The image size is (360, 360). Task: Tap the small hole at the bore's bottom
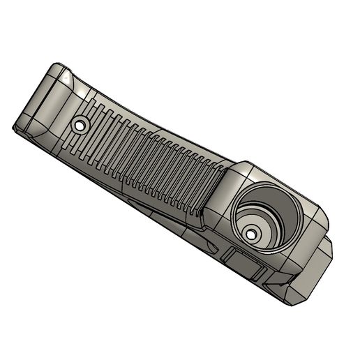pyautogui.click(x=253, y=234)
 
